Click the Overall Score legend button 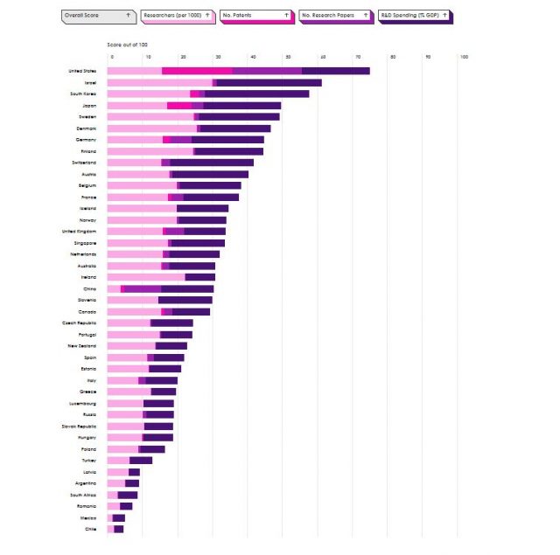tap(98, 16)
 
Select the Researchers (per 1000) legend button tap(178, 16)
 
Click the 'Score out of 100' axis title tap(128, 44)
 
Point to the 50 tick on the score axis tap(288, 58)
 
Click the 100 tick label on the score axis tap(464, 58)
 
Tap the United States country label tap(82, 71)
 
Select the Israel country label tap(90, 82)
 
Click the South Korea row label tap(84, 94)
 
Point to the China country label tap(90, 288)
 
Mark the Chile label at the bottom tap(90, 529)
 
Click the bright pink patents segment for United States tap(197, 71)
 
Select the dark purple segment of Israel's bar tap(269, 82)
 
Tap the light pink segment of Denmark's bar tap(152, 128)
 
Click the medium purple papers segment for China tap(143, 288)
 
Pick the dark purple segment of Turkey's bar tap(141, 460)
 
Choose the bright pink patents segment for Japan tap(179, 106)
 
